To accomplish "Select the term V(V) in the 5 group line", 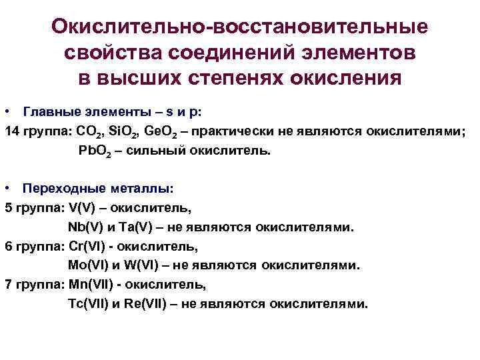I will pyautogui.click(x=82, y=208).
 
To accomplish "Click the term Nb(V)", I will pyautogui.click(x=83, y=227).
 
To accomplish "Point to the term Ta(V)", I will pyautogui.click(x=127, y=227).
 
